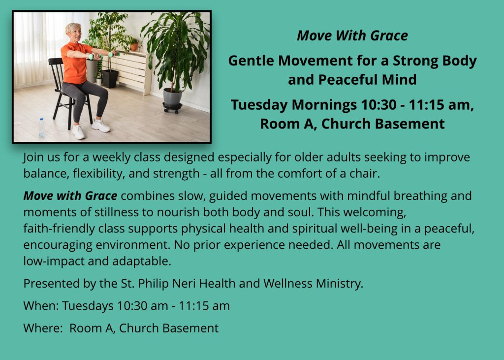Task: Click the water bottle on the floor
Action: point(42,129)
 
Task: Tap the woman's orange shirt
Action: point(75,63)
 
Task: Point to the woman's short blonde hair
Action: point(72,28)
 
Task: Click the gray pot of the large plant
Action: point(172,98)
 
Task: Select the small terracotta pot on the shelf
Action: point(134,47)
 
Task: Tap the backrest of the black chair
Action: point(56,72)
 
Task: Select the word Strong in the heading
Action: point(415,61)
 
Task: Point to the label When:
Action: point(41,306)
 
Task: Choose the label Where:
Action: point(43,328)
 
